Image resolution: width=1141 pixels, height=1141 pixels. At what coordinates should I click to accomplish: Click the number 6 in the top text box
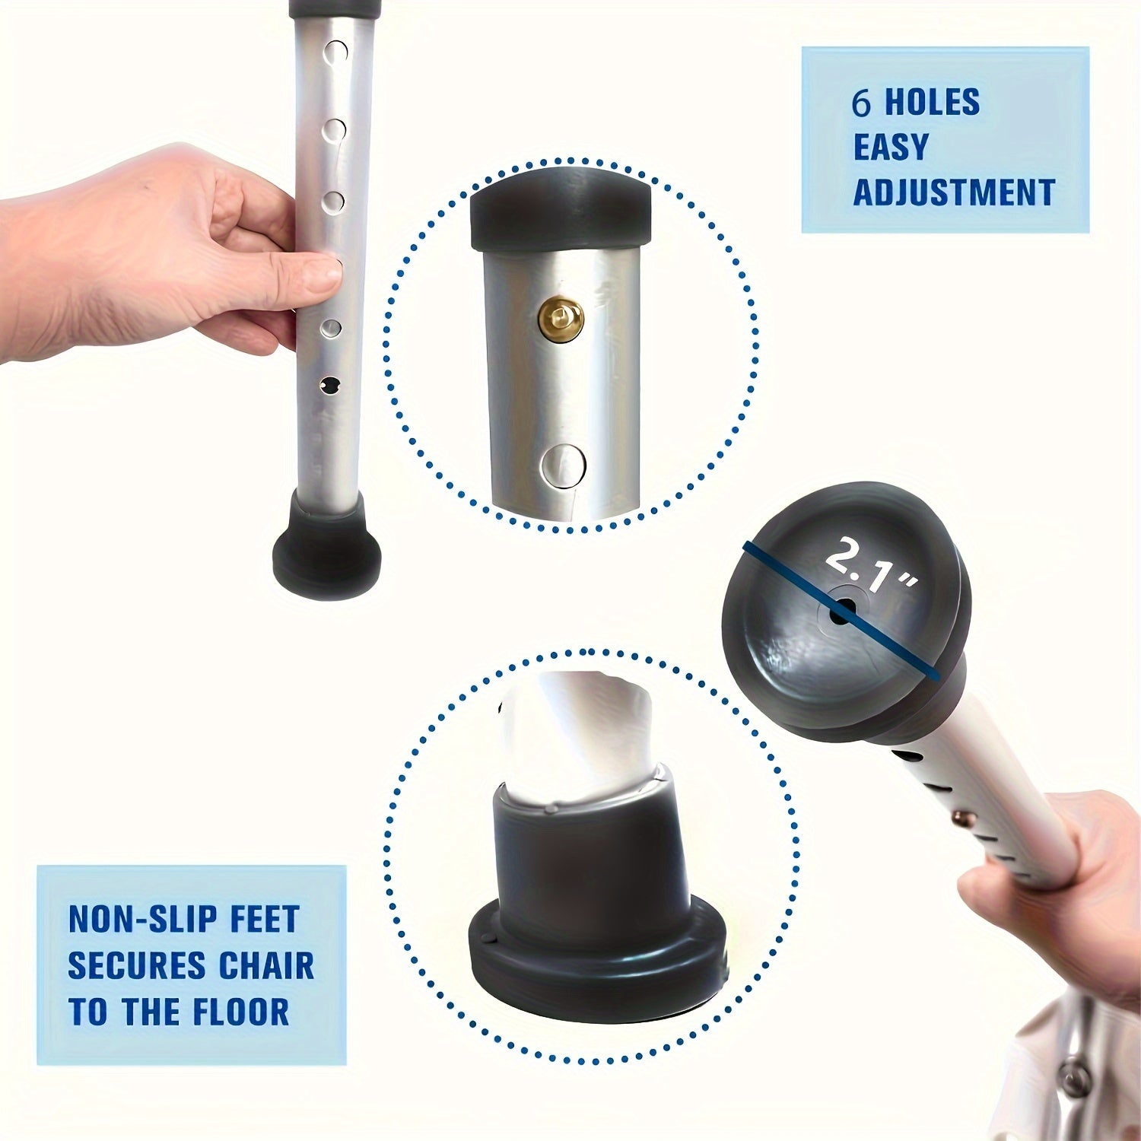(861, 103)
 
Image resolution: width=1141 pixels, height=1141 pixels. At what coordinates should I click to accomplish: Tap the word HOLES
(933, 103)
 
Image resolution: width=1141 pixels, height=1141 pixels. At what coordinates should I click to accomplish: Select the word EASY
(891, 147)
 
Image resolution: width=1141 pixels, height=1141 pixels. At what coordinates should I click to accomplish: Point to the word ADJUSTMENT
(954, 192)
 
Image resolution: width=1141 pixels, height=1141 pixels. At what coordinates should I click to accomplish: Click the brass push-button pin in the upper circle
(561, 318)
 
